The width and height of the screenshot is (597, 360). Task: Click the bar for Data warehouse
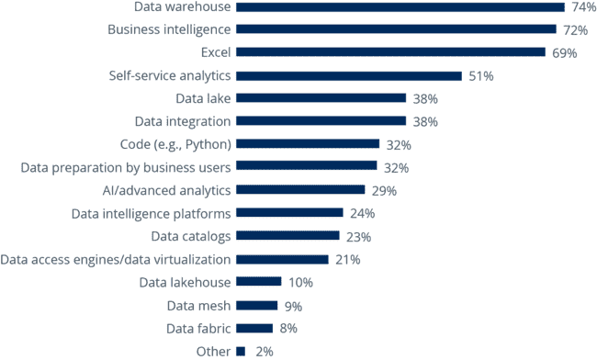pyautogui.click(x=400, y=7)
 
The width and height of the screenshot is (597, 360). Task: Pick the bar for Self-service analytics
pyautogui.click(x=349, y=76)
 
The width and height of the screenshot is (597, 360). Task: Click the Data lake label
pyautogui.click(x=203, y=98)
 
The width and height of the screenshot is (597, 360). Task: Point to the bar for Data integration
pyautogui.click(x=321, y=121)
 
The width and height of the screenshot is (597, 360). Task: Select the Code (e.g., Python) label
pyautogui.click(x=175, y=144)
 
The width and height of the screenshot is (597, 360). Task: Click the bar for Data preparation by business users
pyautogui.click(x=307, y=167)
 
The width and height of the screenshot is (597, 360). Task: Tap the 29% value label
pyautogui.click(x=383, y=190)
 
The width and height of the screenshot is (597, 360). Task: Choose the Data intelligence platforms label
pyautogui.click(x=152, y=213)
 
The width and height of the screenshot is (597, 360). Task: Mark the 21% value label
pyautogui.click(x=346, y=259)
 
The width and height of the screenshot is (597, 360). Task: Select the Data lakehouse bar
pyautogui.click(x=259, y=282)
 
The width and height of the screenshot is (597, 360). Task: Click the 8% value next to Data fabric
pyautogui.click(x=287, y=328)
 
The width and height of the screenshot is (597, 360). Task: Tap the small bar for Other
pyautogui.click(x=241, y=351)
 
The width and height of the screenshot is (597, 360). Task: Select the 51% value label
pyautogui.click(x=480, y=76)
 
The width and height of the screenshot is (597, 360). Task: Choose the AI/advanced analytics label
pyautogui.click(x=167, y=190)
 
